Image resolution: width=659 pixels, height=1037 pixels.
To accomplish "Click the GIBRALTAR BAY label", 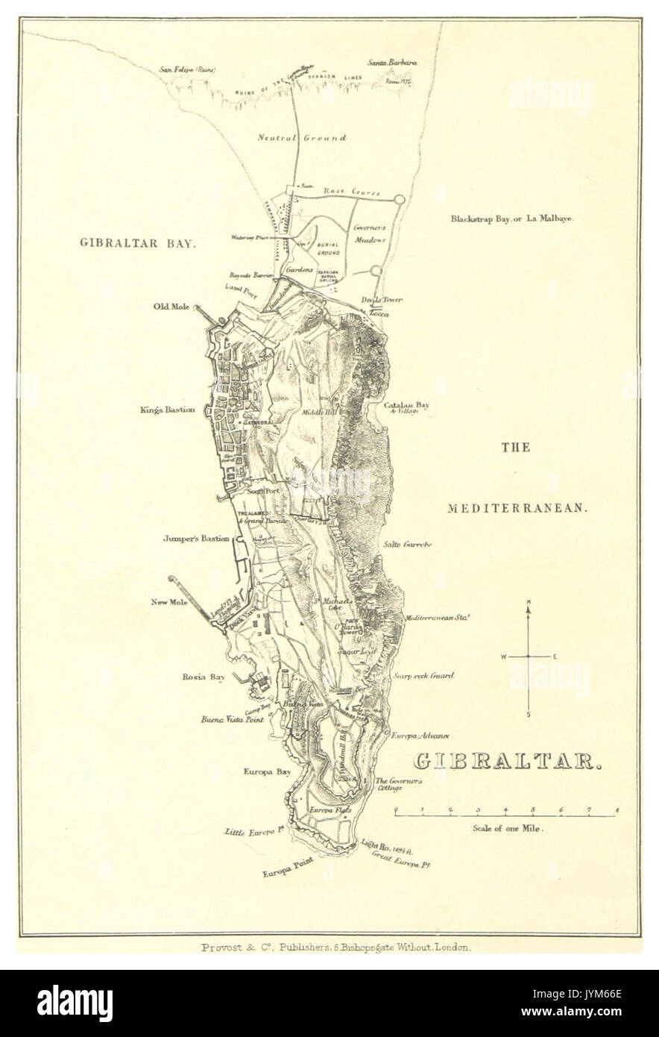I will (138, 243).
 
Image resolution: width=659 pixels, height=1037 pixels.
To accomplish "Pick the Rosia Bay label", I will (204, 677).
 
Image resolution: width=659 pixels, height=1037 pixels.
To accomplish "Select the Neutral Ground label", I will (301, 137).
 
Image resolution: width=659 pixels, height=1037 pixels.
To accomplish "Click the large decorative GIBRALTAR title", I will (507, 762).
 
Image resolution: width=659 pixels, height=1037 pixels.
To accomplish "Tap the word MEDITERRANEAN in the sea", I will (517, 508).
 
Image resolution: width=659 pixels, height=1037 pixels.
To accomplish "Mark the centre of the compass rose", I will (529, 657).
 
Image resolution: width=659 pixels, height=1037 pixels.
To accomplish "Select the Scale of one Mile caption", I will (507, 828).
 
